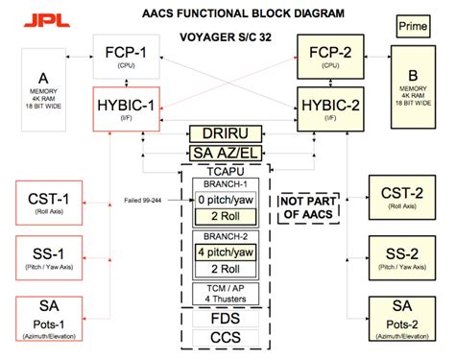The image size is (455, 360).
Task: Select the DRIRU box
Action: [x=227, y=134]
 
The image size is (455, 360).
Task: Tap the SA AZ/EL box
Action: [x=227, y=154]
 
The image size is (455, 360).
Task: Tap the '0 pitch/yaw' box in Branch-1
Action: [x=227, y=200]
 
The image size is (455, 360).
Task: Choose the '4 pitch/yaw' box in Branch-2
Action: [x=227, y=252]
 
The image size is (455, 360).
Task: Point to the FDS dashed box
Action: [x=227, y=319]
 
